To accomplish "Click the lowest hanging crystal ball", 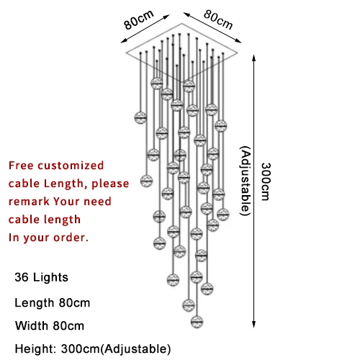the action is [x=197, y=322].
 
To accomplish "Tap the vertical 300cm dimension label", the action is [x=266, y=181].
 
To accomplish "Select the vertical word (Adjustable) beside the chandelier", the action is [x=246, y=181].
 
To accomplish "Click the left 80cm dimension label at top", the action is [x=138, y=19].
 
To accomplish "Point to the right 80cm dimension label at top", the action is [x=218, y=19].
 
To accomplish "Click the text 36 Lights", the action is [x=41, y=277].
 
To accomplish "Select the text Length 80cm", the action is [x=53, y=302].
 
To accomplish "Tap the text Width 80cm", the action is [x=50, y=325].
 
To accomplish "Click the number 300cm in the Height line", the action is [x=80, y=348].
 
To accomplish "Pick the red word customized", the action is [x=71, y=166].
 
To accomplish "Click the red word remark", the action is [x=29, y=202].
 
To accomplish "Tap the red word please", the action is [x=110, y=184].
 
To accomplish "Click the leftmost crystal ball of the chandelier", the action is [x=140, y=117].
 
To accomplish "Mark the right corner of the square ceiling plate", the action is [x=238, y=53].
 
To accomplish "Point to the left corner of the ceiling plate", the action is [x=127, y=53].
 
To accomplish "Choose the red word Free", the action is [x=21, y=166].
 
